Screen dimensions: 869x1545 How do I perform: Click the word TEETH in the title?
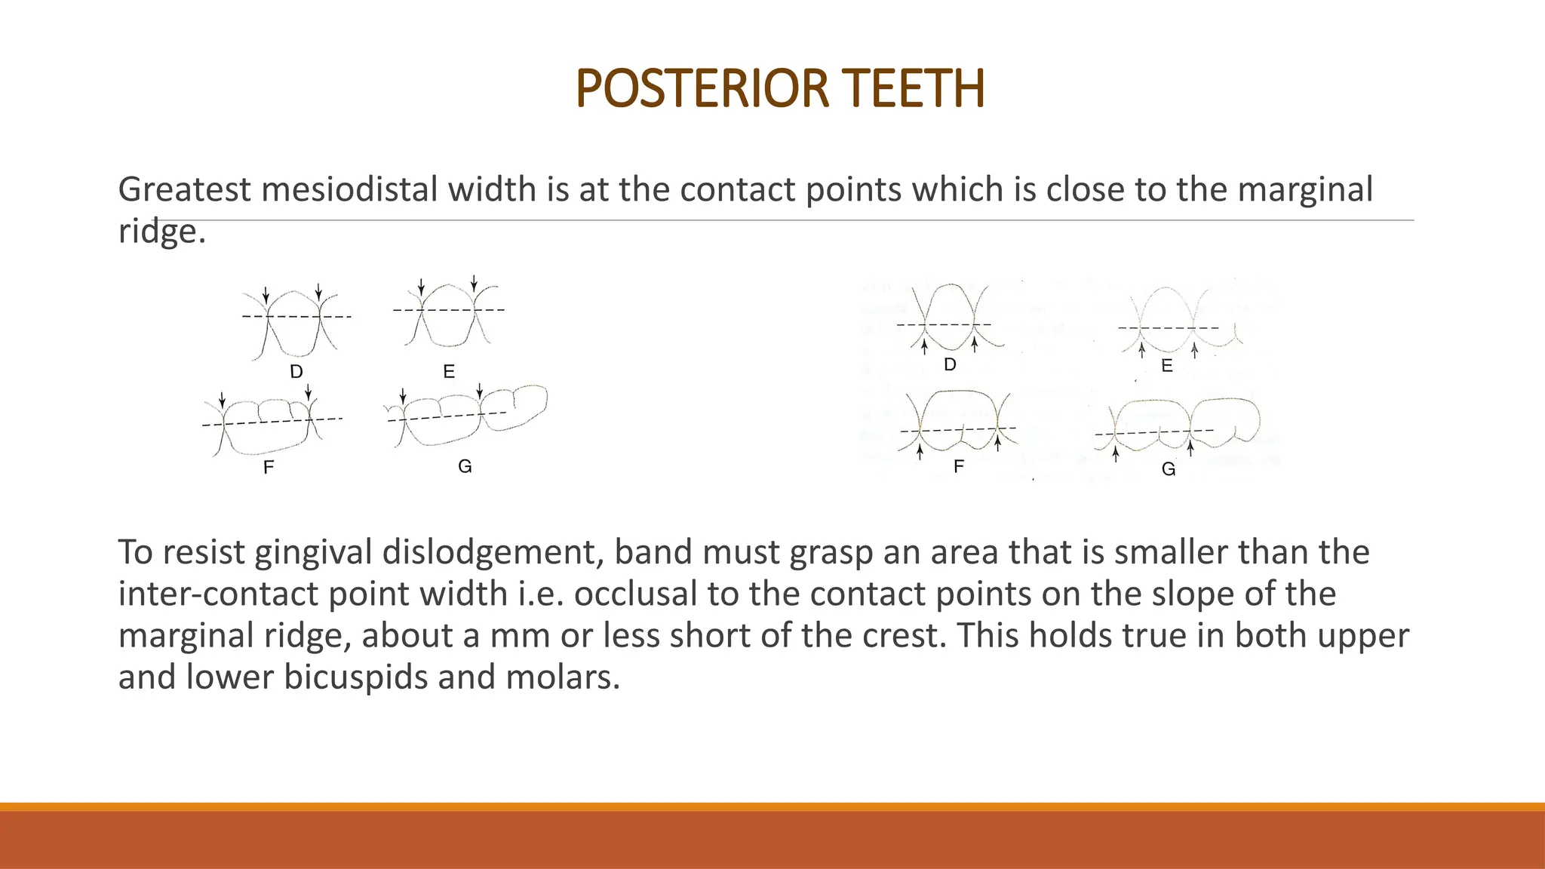(x=915, y=89)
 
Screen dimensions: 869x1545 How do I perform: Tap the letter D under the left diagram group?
(x=296, y=372)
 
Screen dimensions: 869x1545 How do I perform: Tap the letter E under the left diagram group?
(x=449, y=372)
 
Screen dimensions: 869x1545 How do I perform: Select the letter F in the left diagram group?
(x=269, y=468)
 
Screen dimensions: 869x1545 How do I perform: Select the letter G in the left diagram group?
(x=465, y=466)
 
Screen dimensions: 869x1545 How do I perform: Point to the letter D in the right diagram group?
(x=950, y=365)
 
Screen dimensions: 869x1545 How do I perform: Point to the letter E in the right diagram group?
(x=1167, y=367)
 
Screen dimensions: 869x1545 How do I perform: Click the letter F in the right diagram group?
(x=958, y=467)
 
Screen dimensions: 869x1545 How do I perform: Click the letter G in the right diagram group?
(x=1169, y=469)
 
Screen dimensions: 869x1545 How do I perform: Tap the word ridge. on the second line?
(x=161, y=232)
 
